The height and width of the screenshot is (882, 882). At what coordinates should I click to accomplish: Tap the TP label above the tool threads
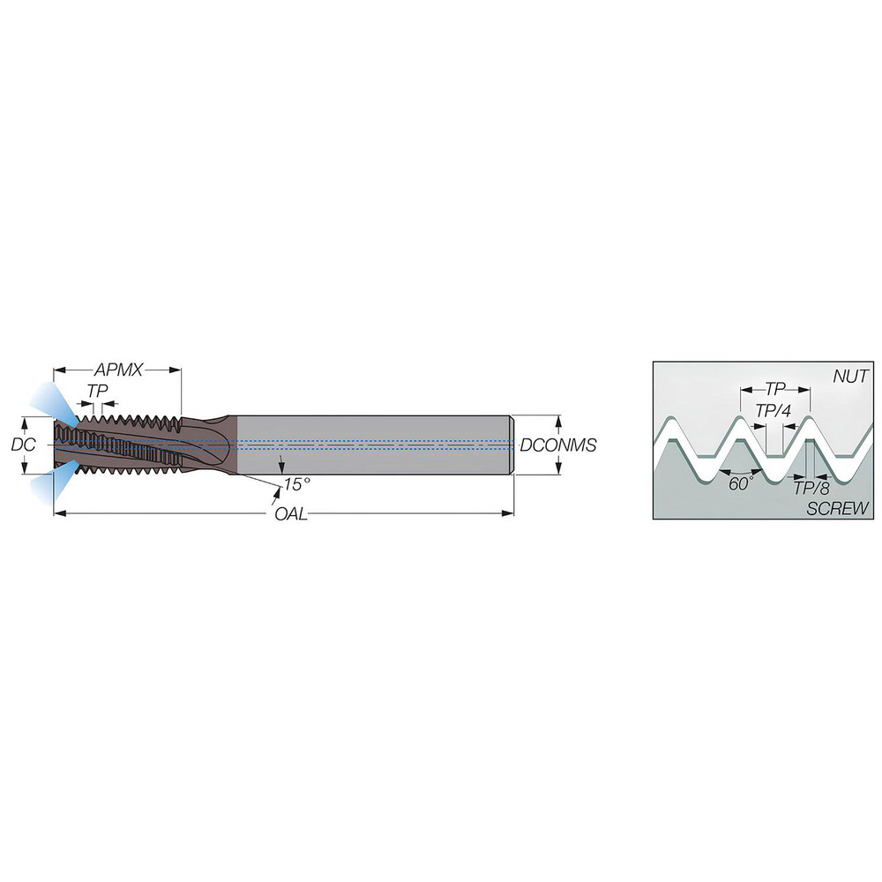[x=98, y=390]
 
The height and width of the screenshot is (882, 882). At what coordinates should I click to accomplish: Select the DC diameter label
[x=23, y=445]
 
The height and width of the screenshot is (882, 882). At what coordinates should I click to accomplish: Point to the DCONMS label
[x=558, y=445]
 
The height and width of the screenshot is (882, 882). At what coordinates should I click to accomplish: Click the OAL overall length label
[x=290, y=514]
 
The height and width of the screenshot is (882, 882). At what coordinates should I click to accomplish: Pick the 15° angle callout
[x=297, y=484]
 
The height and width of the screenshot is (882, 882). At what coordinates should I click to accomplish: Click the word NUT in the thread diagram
[x=850, y=377]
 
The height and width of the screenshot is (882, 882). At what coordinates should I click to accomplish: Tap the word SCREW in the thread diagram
[x=838, y=508]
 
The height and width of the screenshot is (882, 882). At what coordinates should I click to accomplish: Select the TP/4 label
[x=774, y=409]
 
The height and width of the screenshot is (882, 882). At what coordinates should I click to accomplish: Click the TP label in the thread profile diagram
[x=774, y=388]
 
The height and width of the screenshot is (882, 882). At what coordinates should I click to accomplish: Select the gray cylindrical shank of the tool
[x=370, y=445]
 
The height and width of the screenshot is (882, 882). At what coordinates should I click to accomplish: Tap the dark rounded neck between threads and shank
[x=212, y=445]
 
